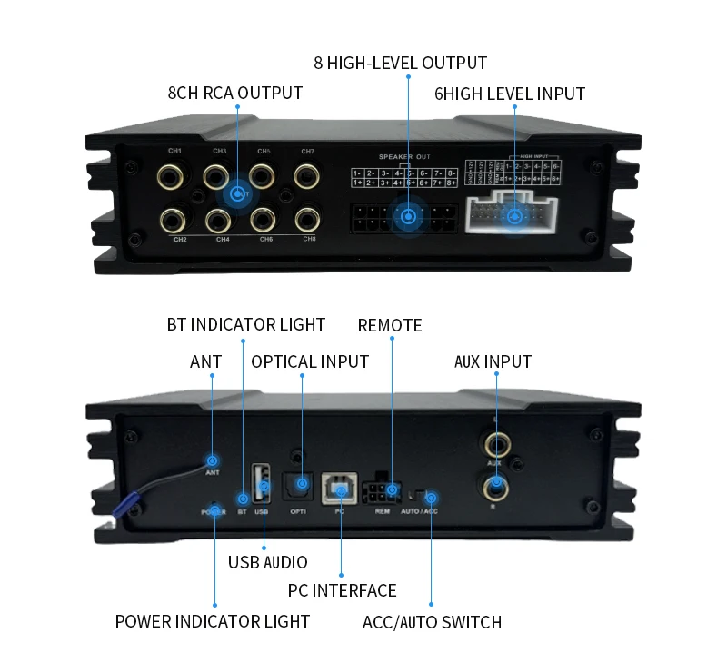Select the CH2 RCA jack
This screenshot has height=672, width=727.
pyautogui.click(x=174, y=219)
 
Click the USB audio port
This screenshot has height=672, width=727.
pyautogui.click(x=263, y=482)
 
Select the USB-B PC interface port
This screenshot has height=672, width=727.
pyautogui.click(x=341, y=490)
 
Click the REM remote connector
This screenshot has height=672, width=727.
pyautogui.click(x=383, y=493)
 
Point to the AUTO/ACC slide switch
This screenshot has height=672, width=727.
pyautogui.click(x=418, y=496)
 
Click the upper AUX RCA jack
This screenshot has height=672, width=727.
pyautogui.click(x=496, y=444)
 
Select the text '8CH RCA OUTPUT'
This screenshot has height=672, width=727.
pyautogui.click(x=235, y=93)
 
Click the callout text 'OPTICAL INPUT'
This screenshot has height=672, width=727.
pyautogui.click(x=310, y=361)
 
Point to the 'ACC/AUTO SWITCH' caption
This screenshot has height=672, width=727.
pyautogui.click(x=432, y=622)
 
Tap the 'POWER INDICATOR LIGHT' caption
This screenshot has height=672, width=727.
pyautogui.click(x=212, y=621)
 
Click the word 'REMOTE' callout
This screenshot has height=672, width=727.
pyautogui.click(x=390, y=325)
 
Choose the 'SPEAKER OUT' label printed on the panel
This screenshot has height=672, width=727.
pyautogui.click(x=404, y=156)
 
